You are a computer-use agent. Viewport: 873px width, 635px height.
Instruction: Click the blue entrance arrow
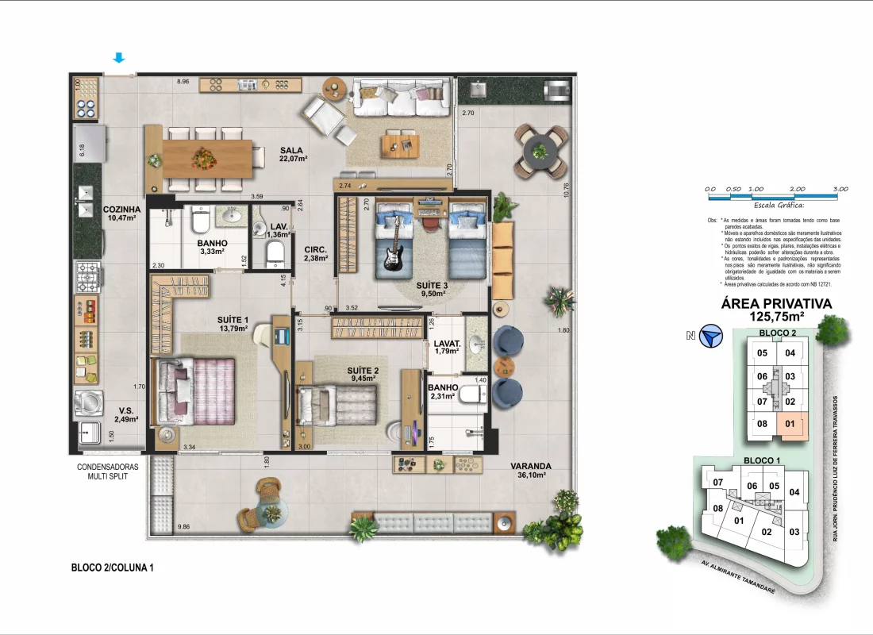[x=119, y=58]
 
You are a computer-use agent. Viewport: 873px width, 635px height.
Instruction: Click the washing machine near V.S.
[x=89, y=402]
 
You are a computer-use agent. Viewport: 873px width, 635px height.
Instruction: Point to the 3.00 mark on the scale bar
[x=840, y=189]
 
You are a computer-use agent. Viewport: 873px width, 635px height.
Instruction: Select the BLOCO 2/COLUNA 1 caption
[x=112, y=568]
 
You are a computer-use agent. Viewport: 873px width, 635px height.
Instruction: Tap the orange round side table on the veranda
[x=499, y=367]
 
